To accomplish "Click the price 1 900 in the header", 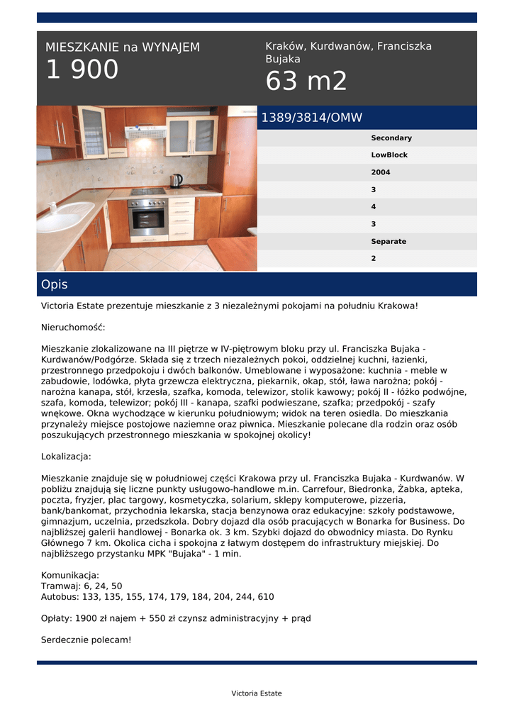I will (82, 70).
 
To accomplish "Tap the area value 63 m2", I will (306, 82).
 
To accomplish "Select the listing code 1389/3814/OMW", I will (312, 118).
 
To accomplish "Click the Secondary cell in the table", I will (391, 138).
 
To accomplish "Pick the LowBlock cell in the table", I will (389, 155).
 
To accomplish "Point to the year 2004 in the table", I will (381, 172).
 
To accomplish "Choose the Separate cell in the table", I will (389, 242).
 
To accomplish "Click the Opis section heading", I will (55, 284).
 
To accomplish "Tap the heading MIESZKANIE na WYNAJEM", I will (123, 48).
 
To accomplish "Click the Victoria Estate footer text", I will (257, 693).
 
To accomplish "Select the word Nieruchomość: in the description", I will (73, 328).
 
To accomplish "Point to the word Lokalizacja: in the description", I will (66, 457).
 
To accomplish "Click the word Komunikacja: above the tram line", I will (70, 575).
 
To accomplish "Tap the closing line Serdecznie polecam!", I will (86, 640).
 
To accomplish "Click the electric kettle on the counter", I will (177, 180).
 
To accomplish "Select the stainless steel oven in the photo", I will (148, 216).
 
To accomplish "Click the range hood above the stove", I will (145, 132).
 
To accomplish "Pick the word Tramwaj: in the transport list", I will (62, 586).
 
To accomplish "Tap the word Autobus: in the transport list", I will (61, 597).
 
